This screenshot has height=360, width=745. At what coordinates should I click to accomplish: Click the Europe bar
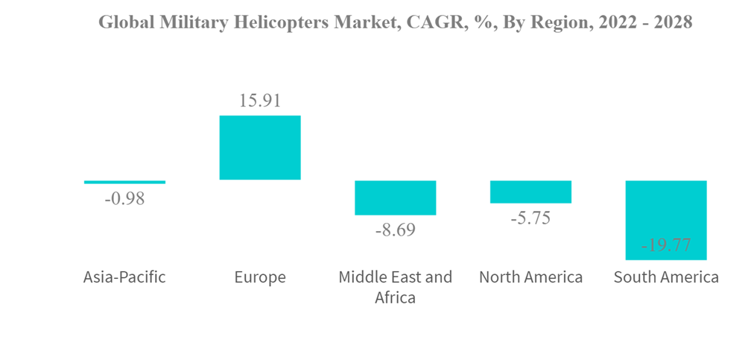(259, 148)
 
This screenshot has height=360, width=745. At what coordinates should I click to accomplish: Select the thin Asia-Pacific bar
(124, 182)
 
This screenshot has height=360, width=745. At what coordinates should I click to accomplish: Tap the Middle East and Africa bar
(395, 198)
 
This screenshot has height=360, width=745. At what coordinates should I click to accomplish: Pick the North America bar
(530, 192)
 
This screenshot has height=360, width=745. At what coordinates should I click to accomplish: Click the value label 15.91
(260, 101)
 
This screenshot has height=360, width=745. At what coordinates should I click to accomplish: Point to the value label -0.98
(124, 199)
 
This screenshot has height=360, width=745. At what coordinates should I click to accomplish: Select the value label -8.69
(395, 230)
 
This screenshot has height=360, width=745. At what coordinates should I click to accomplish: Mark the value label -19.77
(666, 244)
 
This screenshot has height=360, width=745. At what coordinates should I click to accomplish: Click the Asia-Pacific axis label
(124, 278)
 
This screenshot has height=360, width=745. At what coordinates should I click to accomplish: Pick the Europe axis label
(260, 278)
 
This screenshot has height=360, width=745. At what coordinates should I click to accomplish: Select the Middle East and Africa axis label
(395, 287)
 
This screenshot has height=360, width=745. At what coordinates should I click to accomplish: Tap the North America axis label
(530, 278)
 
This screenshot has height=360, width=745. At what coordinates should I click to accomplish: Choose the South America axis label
(666, 278)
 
